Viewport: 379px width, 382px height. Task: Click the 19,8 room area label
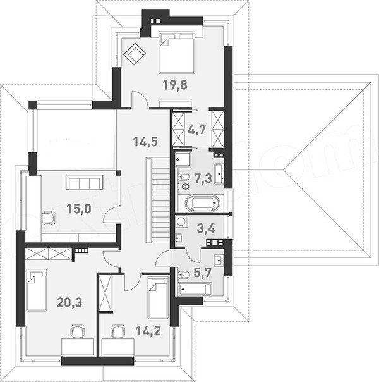(x=175, y=85)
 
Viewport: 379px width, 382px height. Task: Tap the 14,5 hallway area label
(x=145, y=142)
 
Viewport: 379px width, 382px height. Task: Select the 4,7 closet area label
(x=197, y=130)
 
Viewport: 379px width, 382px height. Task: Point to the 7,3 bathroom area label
(x=203, y=178)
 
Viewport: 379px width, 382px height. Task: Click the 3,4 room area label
(x=206, y=228)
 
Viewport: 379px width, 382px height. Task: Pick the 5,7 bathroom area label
(x=202, y=273)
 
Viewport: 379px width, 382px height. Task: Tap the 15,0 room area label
(x=79, y=209)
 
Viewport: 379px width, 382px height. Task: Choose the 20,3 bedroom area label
(x=69, y=302)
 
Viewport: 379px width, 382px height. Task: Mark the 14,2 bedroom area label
(x=148, y=331)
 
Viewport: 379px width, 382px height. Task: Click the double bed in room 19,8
(x=177, y=52)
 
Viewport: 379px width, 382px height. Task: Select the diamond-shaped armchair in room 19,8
(x=135, y=54)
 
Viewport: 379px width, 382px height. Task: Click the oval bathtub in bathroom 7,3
(x=202, y=204)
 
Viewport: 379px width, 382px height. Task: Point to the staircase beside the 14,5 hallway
(x=158, y=200)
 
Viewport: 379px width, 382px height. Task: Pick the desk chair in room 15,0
(x=49, y=218)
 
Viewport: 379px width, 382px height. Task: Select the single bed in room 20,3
(x=37, y=290)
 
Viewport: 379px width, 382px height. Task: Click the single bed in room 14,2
(x=159, y=297)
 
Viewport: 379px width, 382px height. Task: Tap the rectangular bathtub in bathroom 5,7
(x=195, y=290)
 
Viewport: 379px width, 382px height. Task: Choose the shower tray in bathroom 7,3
(x=184, y=159)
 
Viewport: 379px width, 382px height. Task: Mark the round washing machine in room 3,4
(x=181, y=221)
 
